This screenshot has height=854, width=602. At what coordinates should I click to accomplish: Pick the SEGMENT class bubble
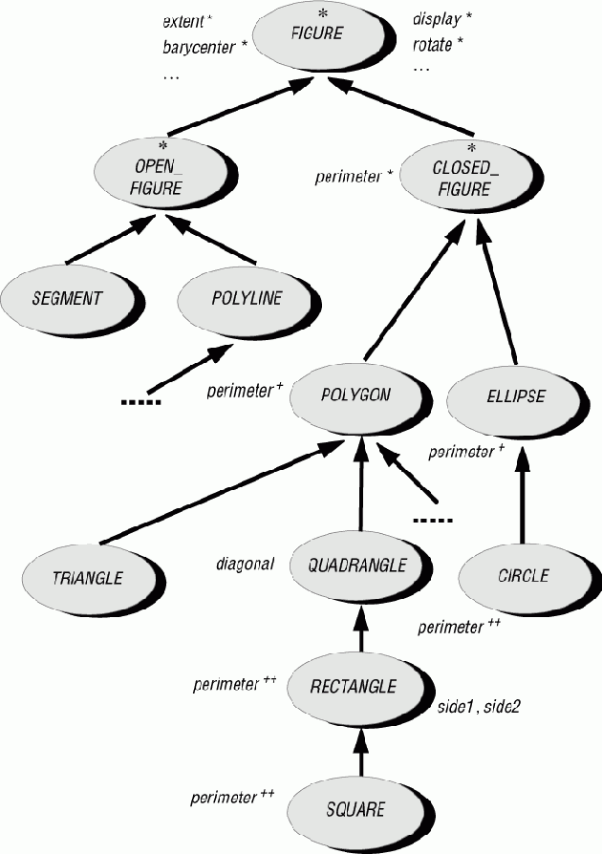pos(66,297)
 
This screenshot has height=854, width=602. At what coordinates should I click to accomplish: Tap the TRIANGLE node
pos(89,578)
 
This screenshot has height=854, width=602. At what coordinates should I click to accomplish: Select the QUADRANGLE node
pos(357,565)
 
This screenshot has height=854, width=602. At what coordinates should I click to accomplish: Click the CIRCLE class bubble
pos(523,575)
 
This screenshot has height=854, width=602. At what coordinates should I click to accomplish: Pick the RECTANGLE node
pos(354,685)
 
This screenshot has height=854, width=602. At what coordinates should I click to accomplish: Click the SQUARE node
pos(355,809)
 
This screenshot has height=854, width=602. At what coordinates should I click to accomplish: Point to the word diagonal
pos(246,565)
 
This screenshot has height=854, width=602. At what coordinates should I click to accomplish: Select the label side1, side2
pos(478,708)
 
